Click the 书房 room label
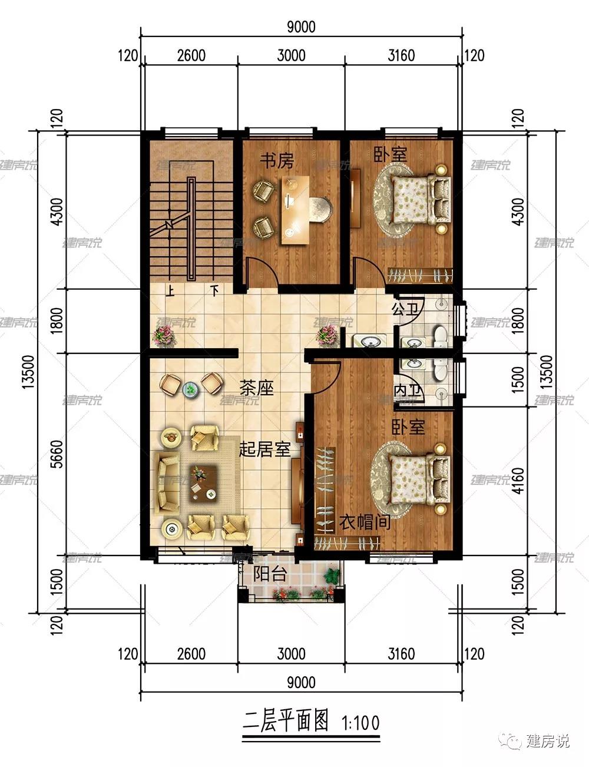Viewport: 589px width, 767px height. (277, 161)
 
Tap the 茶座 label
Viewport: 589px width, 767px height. (257, 388)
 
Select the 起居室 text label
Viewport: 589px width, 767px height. (264, 449)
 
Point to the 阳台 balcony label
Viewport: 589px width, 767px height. (269, 573)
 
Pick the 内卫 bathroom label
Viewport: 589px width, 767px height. (408, 391)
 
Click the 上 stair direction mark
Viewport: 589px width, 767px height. (170, 290)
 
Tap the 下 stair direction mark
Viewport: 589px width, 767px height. (214, 290)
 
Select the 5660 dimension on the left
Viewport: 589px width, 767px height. (57, 454)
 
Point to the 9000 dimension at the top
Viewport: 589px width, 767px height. (300, 27)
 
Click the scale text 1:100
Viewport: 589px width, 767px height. (360, 723)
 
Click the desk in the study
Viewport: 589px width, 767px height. (295, 210)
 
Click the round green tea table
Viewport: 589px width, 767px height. (191, 389)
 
